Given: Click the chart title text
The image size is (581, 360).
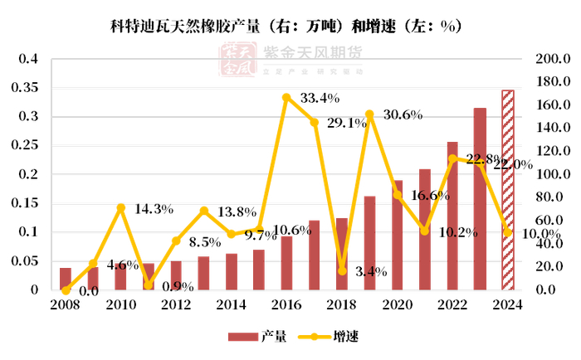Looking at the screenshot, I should coord(286,26).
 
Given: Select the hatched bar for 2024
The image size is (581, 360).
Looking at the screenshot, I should coord(508,190).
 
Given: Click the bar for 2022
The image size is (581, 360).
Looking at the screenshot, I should coord(452,216).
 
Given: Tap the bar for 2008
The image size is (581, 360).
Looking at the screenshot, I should coord(66,279).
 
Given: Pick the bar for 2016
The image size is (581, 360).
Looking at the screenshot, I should coord(286,263).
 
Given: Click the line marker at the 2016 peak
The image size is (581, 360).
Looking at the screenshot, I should coord(286,97).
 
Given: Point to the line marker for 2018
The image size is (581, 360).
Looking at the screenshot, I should coord(342,270).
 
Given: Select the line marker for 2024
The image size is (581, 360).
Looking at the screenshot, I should coord(508,232).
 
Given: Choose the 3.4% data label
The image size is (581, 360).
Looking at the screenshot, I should coord(369,270).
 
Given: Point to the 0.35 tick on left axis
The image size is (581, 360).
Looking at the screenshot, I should coord(27,87).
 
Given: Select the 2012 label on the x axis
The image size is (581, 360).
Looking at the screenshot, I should coord(176,304).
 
